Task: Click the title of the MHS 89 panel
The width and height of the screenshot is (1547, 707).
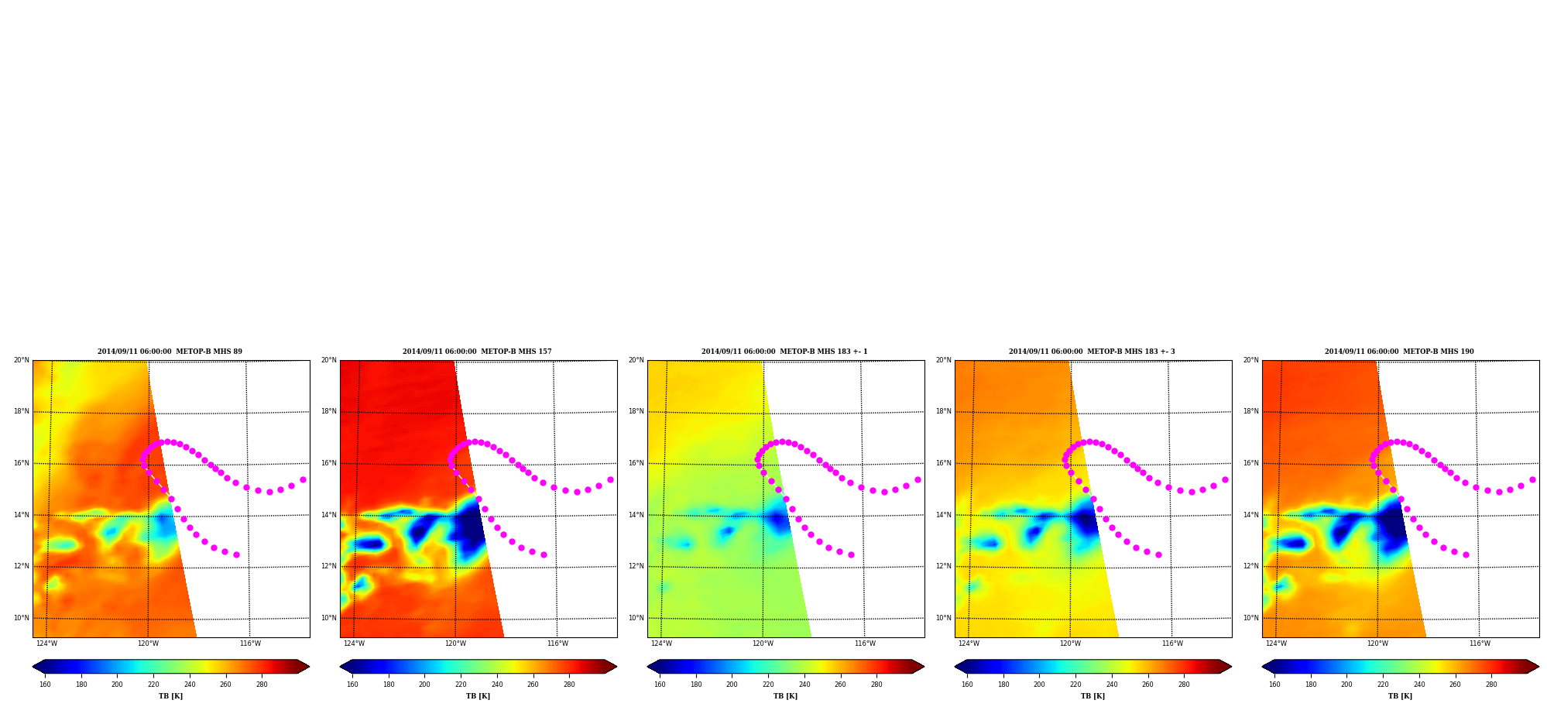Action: tap(170, 352)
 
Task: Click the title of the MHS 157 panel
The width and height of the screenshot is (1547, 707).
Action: tap(477, 352)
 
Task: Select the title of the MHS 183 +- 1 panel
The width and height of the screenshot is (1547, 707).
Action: tap(784, 352)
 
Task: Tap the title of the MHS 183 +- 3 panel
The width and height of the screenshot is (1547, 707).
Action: tap(1092, 352)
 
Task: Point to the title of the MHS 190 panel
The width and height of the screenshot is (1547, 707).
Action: tap(1399, 352)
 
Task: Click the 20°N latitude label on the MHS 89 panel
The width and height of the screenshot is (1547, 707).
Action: tap(22, 360)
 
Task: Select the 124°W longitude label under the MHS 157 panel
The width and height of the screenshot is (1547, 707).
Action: tap(354, 644)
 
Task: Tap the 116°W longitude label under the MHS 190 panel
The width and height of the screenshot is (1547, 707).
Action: tap(1480, 644)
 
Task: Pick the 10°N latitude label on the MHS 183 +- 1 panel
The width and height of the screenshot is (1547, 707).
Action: tap(636, 618)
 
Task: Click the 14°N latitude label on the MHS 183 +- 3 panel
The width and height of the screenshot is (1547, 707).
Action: tap(944, 515)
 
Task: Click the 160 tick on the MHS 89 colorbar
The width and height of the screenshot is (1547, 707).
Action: tap(45, 684)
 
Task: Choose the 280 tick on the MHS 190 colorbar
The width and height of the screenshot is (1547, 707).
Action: tap(1491, 684)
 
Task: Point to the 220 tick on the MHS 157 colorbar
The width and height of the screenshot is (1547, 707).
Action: tap(461, 684)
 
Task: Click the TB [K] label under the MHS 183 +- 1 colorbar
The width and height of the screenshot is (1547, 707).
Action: tap(785, 696)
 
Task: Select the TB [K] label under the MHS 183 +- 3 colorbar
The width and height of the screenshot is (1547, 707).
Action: tap(1093, 696)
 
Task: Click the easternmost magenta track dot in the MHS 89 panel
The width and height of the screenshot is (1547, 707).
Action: tap(303, 480)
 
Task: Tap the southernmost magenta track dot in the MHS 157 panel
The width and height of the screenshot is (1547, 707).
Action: tap(544, 554)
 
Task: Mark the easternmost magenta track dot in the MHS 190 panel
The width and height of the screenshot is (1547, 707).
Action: tap(1532, 480)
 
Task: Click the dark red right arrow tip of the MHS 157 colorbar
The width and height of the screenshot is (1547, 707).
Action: tap(616, 667)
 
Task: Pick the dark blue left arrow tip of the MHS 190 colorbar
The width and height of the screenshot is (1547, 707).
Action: tap(1263, 667)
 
